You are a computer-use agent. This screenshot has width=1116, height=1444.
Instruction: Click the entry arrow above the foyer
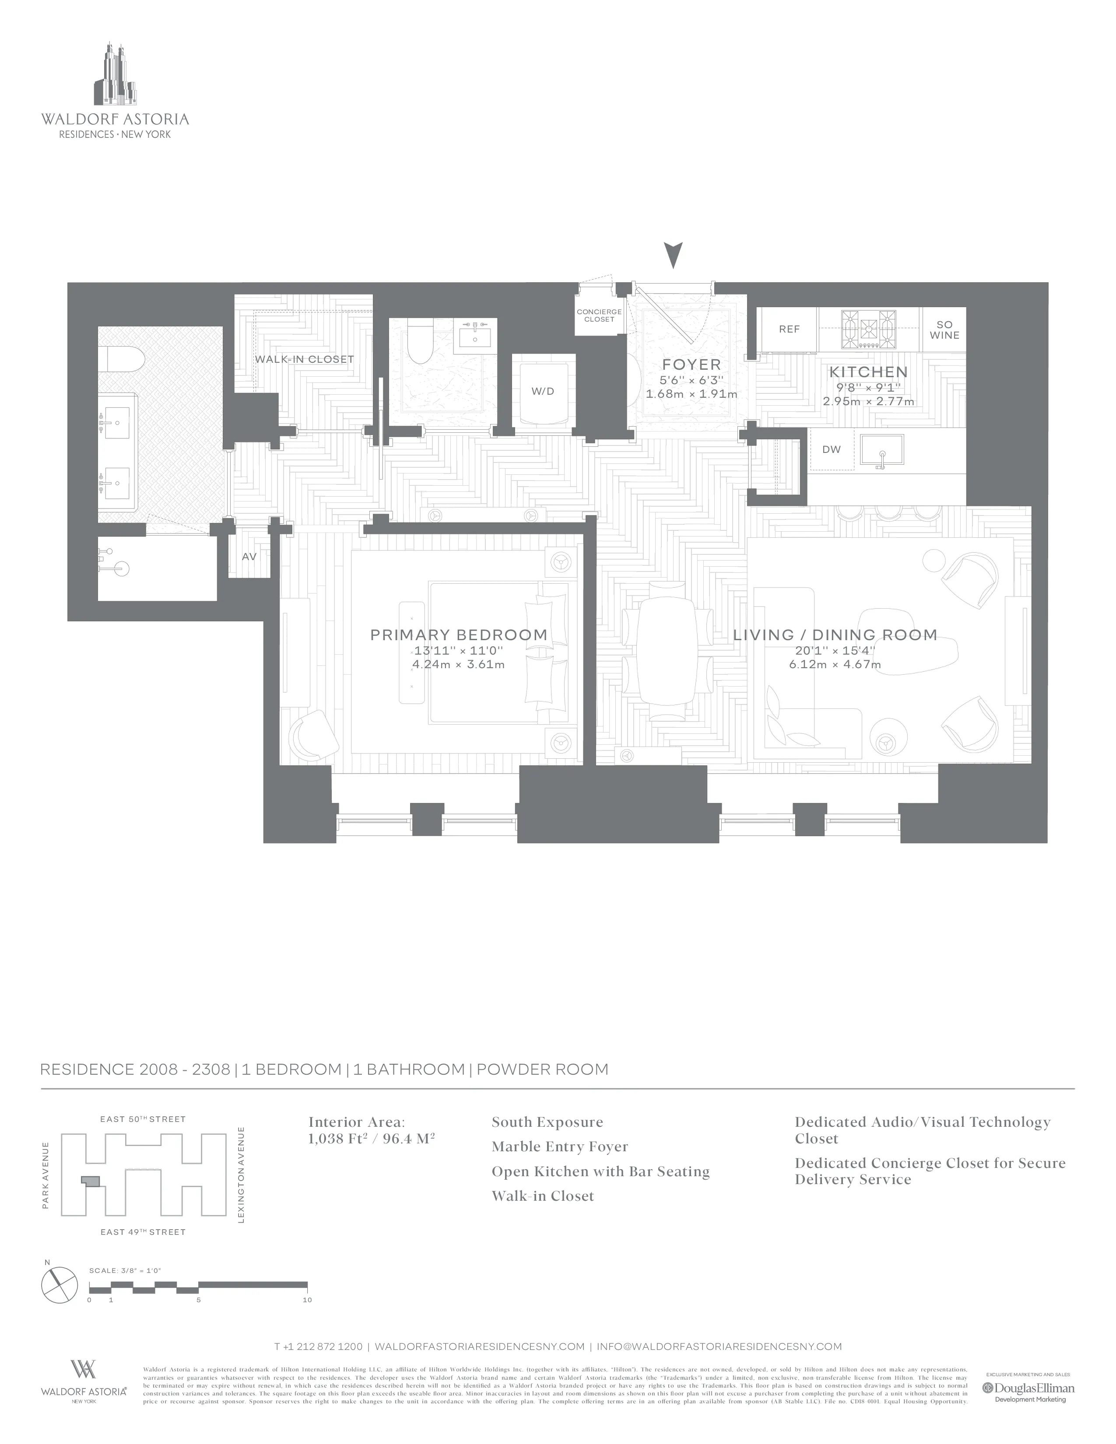[x=673, y=255]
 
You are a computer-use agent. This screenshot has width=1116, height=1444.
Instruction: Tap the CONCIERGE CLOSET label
[x=599, y=315]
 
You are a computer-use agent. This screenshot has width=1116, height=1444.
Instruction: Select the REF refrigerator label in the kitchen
[x=789, y=329]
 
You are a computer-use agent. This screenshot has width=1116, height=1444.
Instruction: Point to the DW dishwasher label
[x=831, y=449]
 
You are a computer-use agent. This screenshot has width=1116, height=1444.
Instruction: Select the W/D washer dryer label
[x=543, y=392]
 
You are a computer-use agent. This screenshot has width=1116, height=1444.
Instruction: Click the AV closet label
[x=249, y=557]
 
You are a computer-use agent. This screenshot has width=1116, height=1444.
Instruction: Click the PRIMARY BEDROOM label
[x=459, y=635]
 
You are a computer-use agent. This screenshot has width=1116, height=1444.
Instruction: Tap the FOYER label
[x=691, y=365]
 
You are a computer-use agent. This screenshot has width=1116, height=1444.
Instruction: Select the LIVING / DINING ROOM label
[x=835, y=635]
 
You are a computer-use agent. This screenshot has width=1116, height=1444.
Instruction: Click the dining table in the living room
[x=667, y=651]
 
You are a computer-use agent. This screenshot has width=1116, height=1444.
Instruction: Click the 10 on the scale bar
[x=307, y=1300]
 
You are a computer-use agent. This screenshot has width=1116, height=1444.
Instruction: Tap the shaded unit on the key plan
[x=91, y=1181]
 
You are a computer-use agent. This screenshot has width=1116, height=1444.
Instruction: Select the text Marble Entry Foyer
[x=559, y=1146]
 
